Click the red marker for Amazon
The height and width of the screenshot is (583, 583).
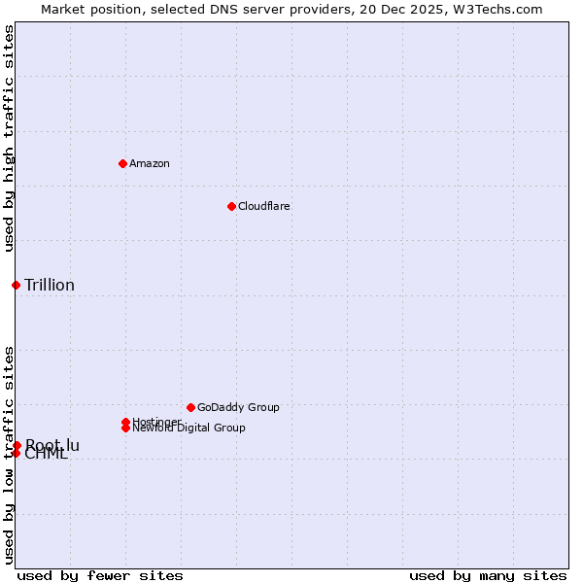(122, 163)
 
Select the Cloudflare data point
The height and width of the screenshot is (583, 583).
(231, 206)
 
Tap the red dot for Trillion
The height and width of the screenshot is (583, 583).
(16, 285)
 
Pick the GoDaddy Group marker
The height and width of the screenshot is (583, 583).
(190, 407)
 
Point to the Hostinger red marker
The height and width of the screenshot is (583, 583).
(125, 422)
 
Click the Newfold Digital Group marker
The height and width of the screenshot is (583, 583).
(125, 428)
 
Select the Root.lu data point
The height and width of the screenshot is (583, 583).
(17, 445)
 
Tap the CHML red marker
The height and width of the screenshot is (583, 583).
(16, 453)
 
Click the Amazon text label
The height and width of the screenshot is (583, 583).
(150, 163)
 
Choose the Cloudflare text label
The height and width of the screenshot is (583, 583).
(263, 206)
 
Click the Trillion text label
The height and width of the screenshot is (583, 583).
(50, 285)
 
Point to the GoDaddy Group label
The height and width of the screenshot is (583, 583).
(238, 407)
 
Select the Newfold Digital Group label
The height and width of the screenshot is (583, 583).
(189, 429)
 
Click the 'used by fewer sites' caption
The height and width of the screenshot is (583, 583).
(100, 575)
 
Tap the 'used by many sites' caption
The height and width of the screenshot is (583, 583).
(488, 575)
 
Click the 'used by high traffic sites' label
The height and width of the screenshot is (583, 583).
(9, 138)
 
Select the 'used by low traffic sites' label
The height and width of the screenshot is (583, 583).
(9, 455)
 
